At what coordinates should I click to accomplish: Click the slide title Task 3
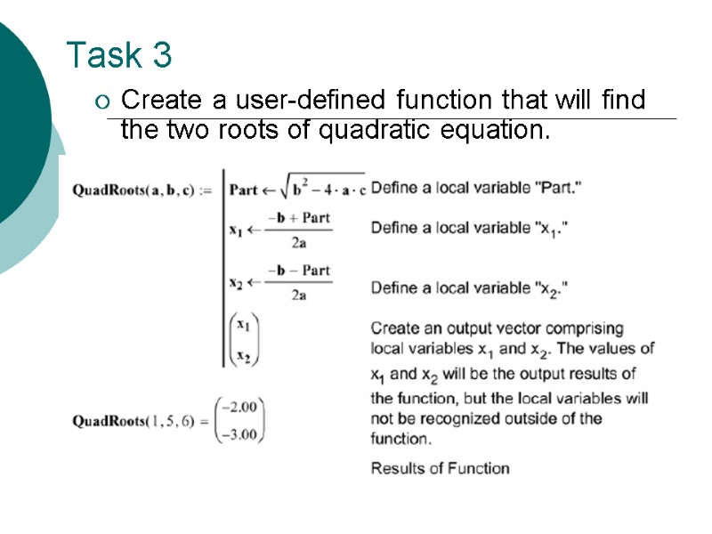(119, 55)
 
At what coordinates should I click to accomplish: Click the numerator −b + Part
(299, 217)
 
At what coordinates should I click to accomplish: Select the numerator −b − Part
(299, 271)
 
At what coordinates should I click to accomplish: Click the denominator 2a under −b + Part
(299, 242)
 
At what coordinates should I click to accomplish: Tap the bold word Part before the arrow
(243, 190)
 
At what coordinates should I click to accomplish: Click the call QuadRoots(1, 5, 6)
(132, 421)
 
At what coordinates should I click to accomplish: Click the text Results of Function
(440, 468)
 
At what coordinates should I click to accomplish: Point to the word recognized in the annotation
(446, 418)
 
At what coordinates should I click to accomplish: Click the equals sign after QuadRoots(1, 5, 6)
(204, 421)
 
